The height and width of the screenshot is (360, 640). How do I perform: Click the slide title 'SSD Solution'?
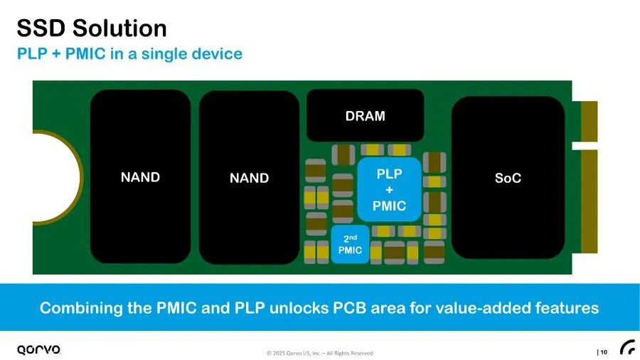click(92, 28)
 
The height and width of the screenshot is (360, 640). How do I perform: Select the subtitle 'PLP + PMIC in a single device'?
click(129, 54)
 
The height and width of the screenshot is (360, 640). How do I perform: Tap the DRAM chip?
click(365, 116)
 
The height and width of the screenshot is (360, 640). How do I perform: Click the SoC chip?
click(508, 178)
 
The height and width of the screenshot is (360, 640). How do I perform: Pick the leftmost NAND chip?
click(140, 177)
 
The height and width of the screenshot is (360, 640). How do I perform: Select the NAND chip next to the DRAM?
click(249, 178)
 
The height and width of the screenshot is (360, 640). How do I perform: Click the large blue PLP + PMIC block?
click(389, 190)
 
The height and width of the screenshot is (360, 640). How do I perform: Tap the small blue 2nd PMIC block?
click(351, 244)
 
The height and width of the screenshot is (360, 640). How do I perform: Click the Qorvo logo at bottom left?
click(39, 349)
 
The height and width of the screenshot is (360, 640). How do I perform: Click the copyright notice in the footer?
click(319, 353)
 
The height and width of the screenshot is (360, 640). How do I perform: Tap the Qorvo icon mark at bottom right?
click(627, 347)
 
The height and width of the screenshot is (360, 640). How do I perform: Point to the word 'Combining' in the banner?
click(76, 308)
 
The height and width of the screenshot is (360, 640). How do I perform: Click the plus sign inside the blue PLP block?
click(389, 190)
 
